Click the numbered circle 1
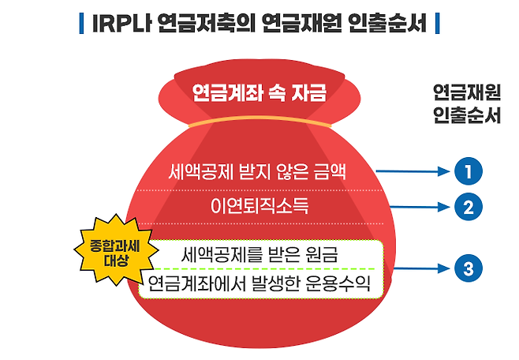pos(468,171)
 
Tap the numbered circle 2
pos(468,208)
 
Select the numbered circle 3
pos(468,269)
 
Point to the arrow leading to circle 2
pos(418,208)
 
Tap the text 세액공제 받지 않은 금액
pos(257,171)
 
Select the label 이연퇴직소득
pos(260,208)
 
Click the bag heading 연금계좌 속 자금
pos(259,94)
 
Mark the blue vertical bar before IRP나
pos(82,23)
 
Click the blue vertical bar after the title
pos(437,23)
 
